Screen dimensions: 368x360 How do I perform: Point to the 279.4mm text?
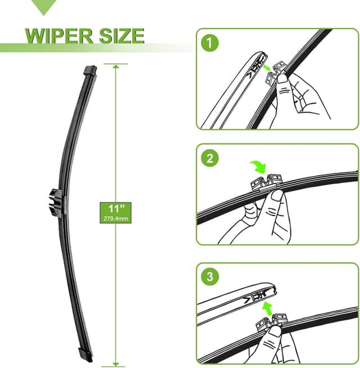click(x=116, y=218)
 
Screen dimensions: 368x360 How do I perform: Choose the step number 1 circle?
click(x=210, y=42)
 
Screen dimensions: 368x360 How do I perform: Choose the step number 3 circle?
click(x=210, y=277)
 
